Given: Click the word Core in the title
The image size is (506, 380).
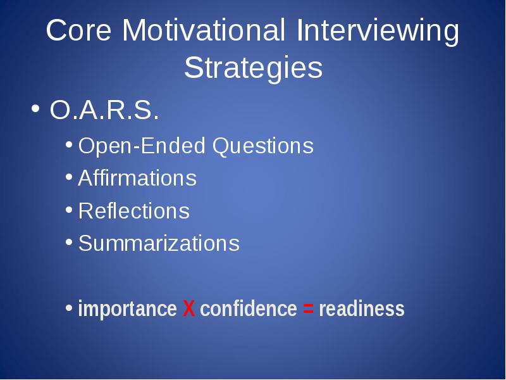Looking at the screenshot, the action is click(78, 30).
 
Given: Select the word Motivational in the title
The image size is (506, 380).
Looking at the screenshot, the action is click(204, 30).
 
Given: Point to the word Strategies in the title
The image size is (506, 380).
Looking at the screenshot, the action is click(254, 68).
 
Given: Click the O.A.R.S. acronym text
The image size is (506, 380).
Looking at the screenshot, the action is click(104, 110).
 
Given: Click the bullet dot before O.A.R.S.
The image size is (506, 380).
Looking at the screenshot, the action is click(35, 108).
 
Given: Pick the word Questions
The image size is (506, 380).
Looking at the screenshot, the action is click(263, 146).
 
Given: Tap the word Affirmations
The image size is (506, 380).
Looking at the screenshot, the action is click(137, 178).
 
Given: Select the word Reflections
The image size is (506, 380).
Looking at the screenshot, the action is click(134, 211).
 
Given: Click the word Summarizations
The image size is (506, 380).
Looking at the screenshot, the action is click(159, 243).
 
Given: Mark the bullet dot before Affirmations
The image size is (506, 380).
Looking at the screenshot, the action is click(69, 177).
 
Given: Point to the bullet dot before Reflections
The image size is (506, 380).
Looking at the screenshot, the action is click(69, 210).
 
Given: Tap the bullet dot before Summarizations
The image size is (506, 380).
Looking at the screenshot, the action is click(69, 242).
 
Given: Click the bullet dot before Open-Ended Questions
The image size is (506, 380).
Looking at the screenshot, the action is click(69, 144).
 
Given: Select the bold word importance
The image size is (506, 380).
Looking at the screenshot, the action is click(128, 309).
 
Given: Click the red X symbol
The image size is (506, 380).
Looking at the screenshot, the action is click(188, 308).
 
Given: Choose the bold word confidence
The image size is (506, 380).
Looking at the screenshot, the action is click(249, 308).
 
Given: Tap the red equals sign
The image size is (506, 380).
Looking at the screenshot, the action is click(308, 309).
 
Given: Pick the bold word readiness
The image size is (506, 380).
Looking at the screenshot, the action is click(362, 308).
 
